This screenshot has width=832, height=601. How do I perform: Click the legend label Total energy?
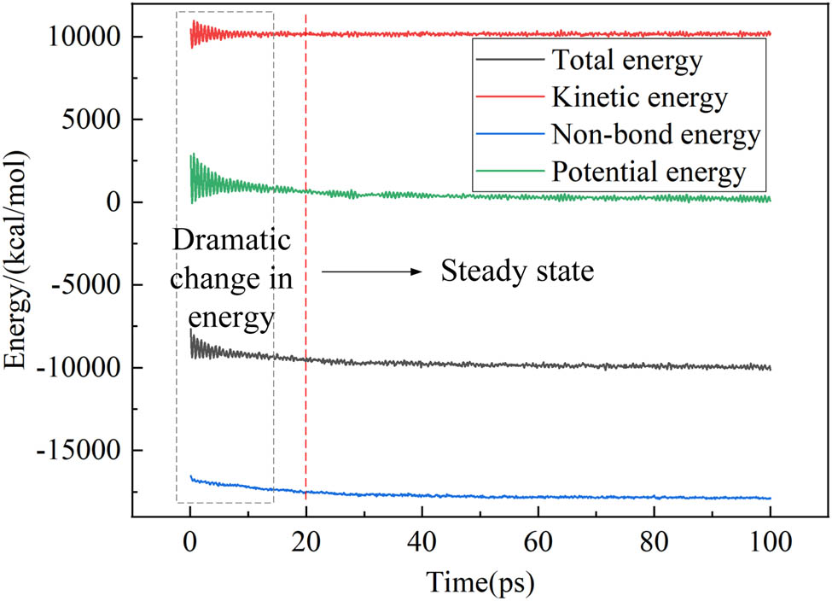(x=627, y=61)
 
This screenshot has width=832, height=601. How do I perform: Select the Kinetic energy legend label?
(x=639, y=98)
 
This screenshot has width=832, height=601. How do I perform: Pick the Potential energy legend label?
(x=649, y=172)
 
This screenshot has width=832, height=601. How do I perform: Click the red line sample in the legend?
(x=509, y=98)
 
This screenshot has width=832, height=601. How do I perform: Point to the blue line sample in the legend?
(x=509, y=135)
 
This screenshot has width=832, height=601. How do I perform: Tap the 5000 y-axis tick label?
(x=93, y=120)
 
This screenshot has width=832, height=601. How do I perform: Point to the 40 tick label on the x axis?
(x=422, y=540)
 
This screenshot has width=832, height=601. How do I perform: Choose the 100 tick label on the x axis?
(x=770, y=540)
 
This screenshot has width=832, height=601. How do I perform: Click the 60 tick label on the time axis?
(x=538, y=540)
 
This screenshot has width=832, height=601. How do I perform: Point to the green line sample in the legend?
(x=509, y=172)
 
